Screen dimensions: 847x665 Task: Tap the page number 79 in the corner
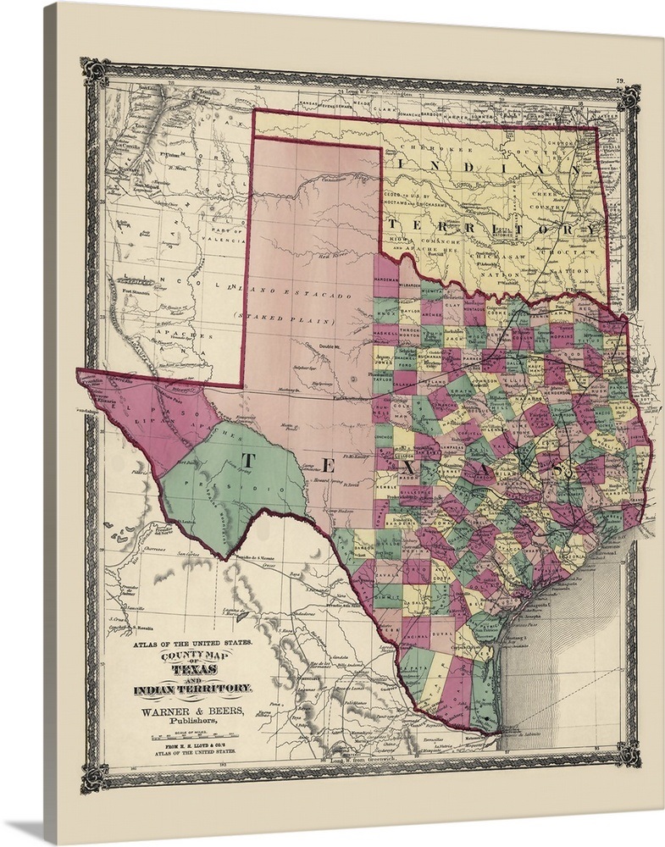pyautogui.click(x=619, y=81)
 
